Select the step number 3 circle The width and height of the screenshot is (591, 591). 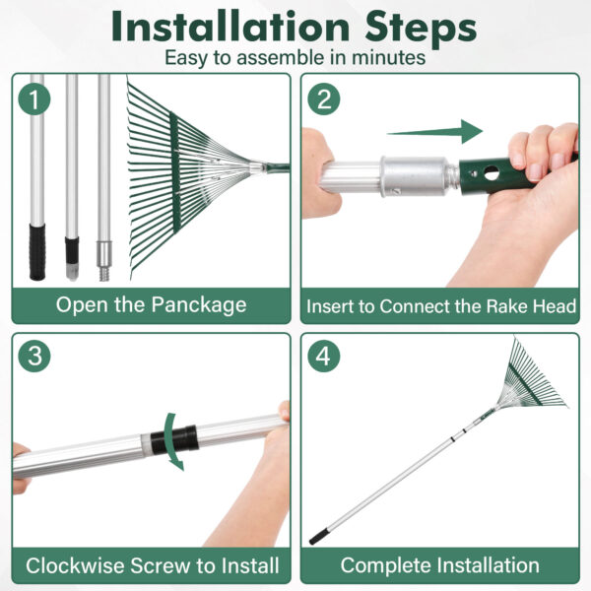[35, 357]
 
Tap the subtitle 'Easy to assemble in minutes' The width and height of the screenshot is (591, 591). [295, 58]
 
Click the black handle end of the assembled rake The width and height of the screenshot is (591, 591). [318, 538]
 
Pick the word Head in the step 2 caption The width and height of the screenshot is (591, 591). [553, 306]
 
